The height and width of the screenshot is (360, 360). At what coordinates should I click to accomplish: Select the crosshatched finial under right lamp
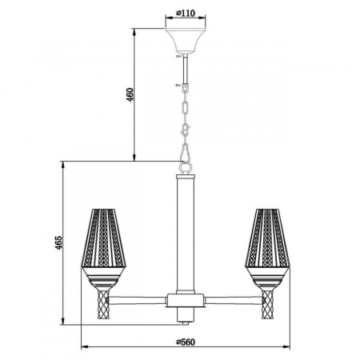pyautogui.click(x=266, y=304)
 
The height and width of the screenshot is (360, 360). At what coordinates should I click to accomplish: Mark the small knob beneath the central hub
pyautogui.click(x=186, y=319)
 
